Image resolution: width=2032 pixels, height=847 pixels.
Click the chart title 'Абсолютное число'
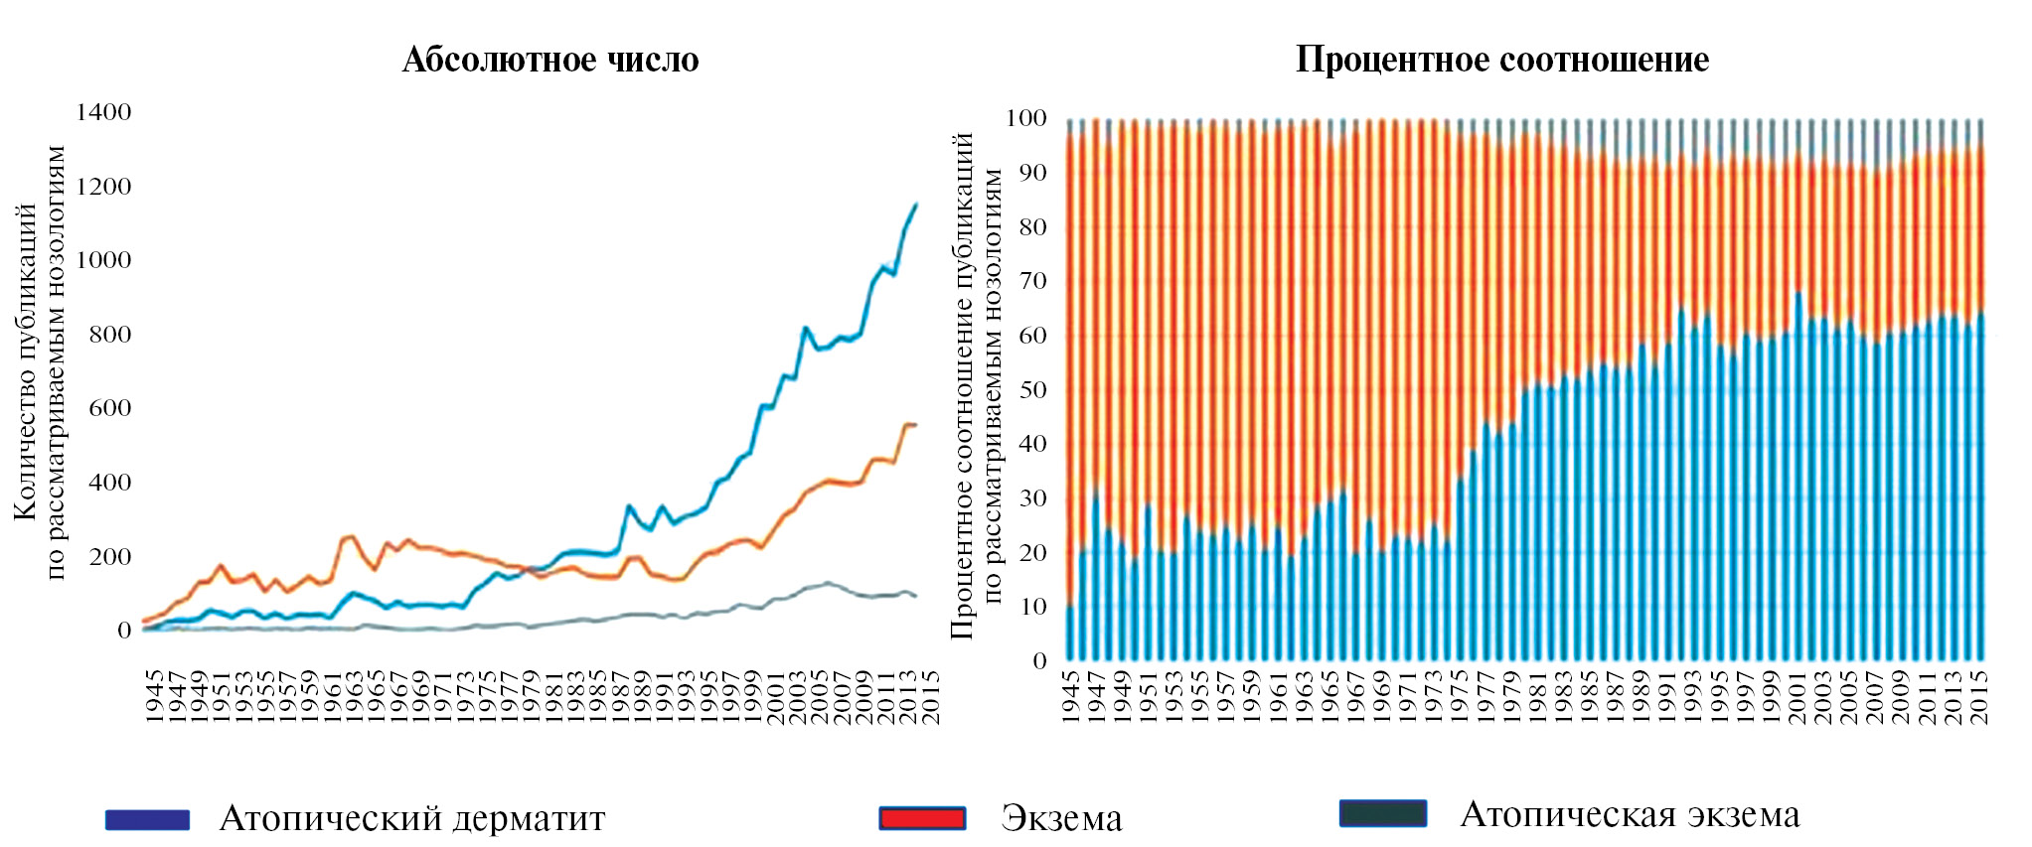(x=550, y=61)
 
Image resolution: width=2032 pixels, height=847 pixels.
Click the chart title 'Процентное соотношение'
(x=1501, y=61)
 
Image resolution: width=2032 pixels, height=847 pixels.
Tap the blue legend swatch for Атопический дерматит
(x=147, y=819)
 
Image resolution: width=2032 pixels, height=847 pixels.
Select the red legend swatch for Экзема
(x=922, y=818)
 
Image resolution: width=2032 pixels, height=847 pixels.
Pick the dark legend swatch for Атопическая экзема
(x=1382, y=814)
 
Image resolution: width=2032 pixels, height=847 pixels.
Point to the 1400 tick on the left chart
(x=103, y=112)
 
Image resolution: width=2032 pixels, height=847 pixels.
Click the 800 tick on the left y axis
(x=109, y=335)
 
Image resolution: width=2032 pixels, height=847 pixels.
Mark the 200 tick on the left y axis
(x=109, y=557)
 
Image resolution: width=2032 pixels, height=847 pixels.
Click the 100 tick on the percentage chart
(x=1025, y=118)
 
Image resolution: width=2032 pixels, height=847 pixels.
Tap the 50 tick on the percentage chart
(x=1032, y=390)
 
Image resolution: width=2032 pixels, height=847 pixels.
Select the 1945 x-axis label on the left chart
(x=154, y=696)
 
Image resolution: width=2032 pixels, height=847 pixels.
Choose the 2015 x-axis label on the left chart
(x=931, y=696)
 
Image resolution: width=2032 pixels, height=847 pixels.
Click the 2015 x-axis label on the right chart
(x=1978, y=696)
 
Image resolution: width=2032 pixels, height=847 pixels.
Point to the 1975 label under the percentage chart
(x=1460, y=696)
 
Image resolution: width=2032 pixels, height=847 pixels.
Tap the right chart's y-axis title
(x=977, y=387)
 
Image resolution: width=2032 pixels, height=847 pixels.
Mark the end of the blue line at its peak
(x=915, y=205)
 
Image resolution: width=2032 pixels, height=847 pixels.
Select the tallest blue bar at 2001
(x=1798, y=477)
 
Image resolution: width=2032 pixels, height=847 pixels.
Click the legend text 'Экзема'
(x=1061, y=819)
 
